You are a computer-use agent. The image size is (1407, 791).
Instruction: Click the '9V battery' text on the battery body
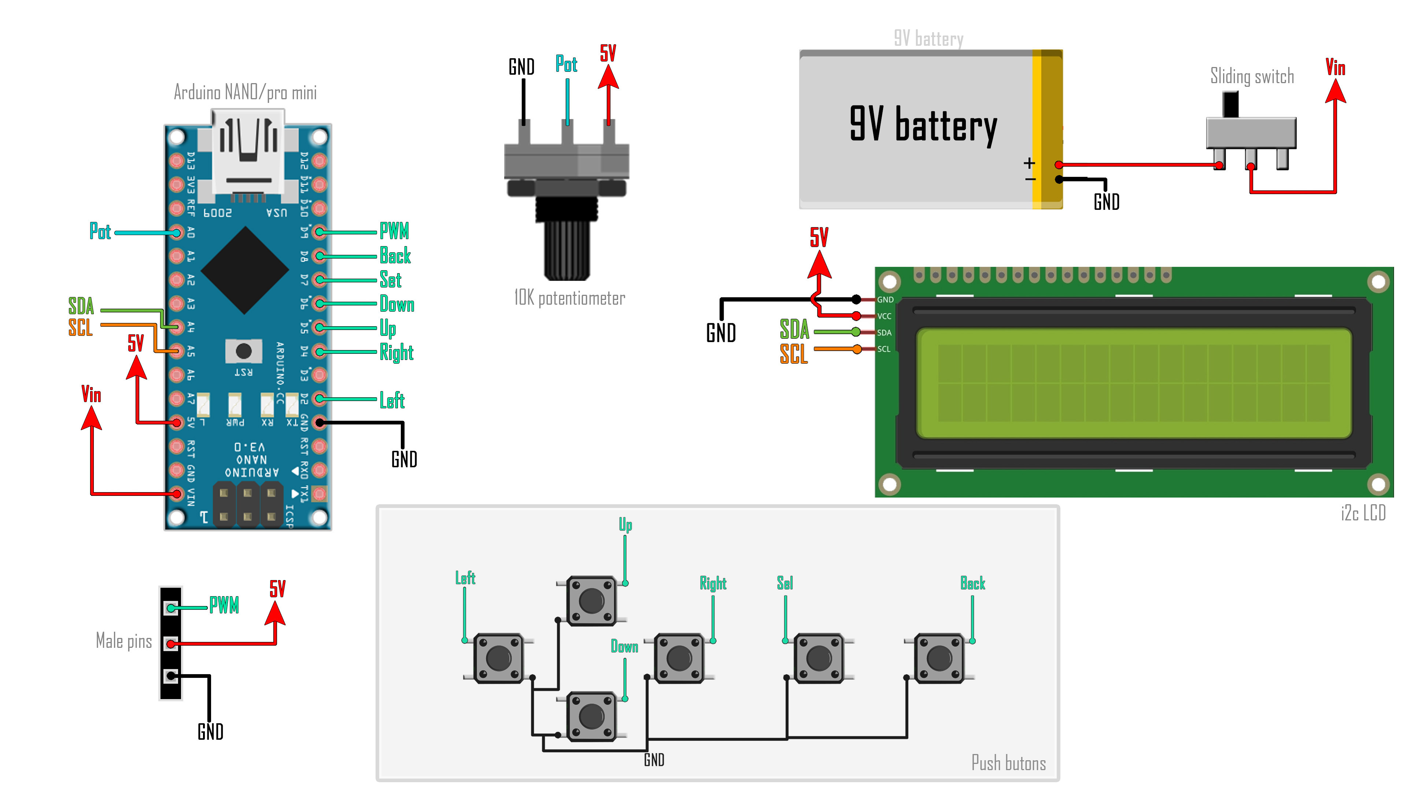point(923,125)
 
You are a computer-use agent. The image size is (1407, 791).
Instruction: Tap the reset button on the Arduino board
point(244,351)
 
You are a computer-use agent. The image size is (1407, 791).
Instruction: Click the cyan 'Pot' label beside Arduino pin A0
point(100,231)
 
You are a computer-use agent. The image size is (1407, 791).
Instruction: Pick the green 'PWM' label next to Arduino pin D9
point(394,231)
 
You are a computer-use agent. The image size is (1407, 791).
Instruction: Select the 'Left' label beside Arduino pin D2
point(392,400)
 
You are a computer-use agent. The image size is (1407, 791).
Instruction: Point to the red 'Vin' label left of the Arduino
point(91,394)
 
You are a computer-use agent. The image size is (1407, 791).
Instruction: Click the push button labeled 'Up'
point(591,601)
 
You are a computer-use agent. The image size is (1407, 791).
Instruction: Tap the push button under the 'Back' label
point(939,658)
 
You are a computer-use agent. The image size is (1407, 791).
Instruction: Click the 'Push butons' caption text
point(1008,762)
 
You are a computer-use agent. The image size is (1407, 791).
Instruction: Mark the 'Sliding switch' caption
point(1252,76)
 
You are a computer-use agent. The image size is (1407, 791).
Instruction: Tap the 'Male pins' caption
point(124,641)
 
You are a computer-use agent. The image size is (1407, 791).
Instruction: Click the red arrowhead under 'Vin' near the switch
point(1336,92)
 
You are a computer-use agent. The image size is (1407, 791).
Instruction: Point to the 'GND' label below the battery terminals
point(1106,202)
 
